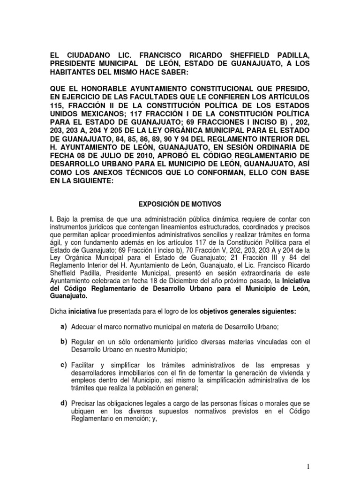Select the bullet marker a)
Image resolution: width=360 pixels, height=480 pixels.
point(62,326)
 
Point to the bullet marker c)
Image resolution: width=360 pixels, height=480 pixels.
point(62,364)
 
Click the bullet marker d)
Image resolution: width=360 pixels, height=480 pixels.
point(62,403)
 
